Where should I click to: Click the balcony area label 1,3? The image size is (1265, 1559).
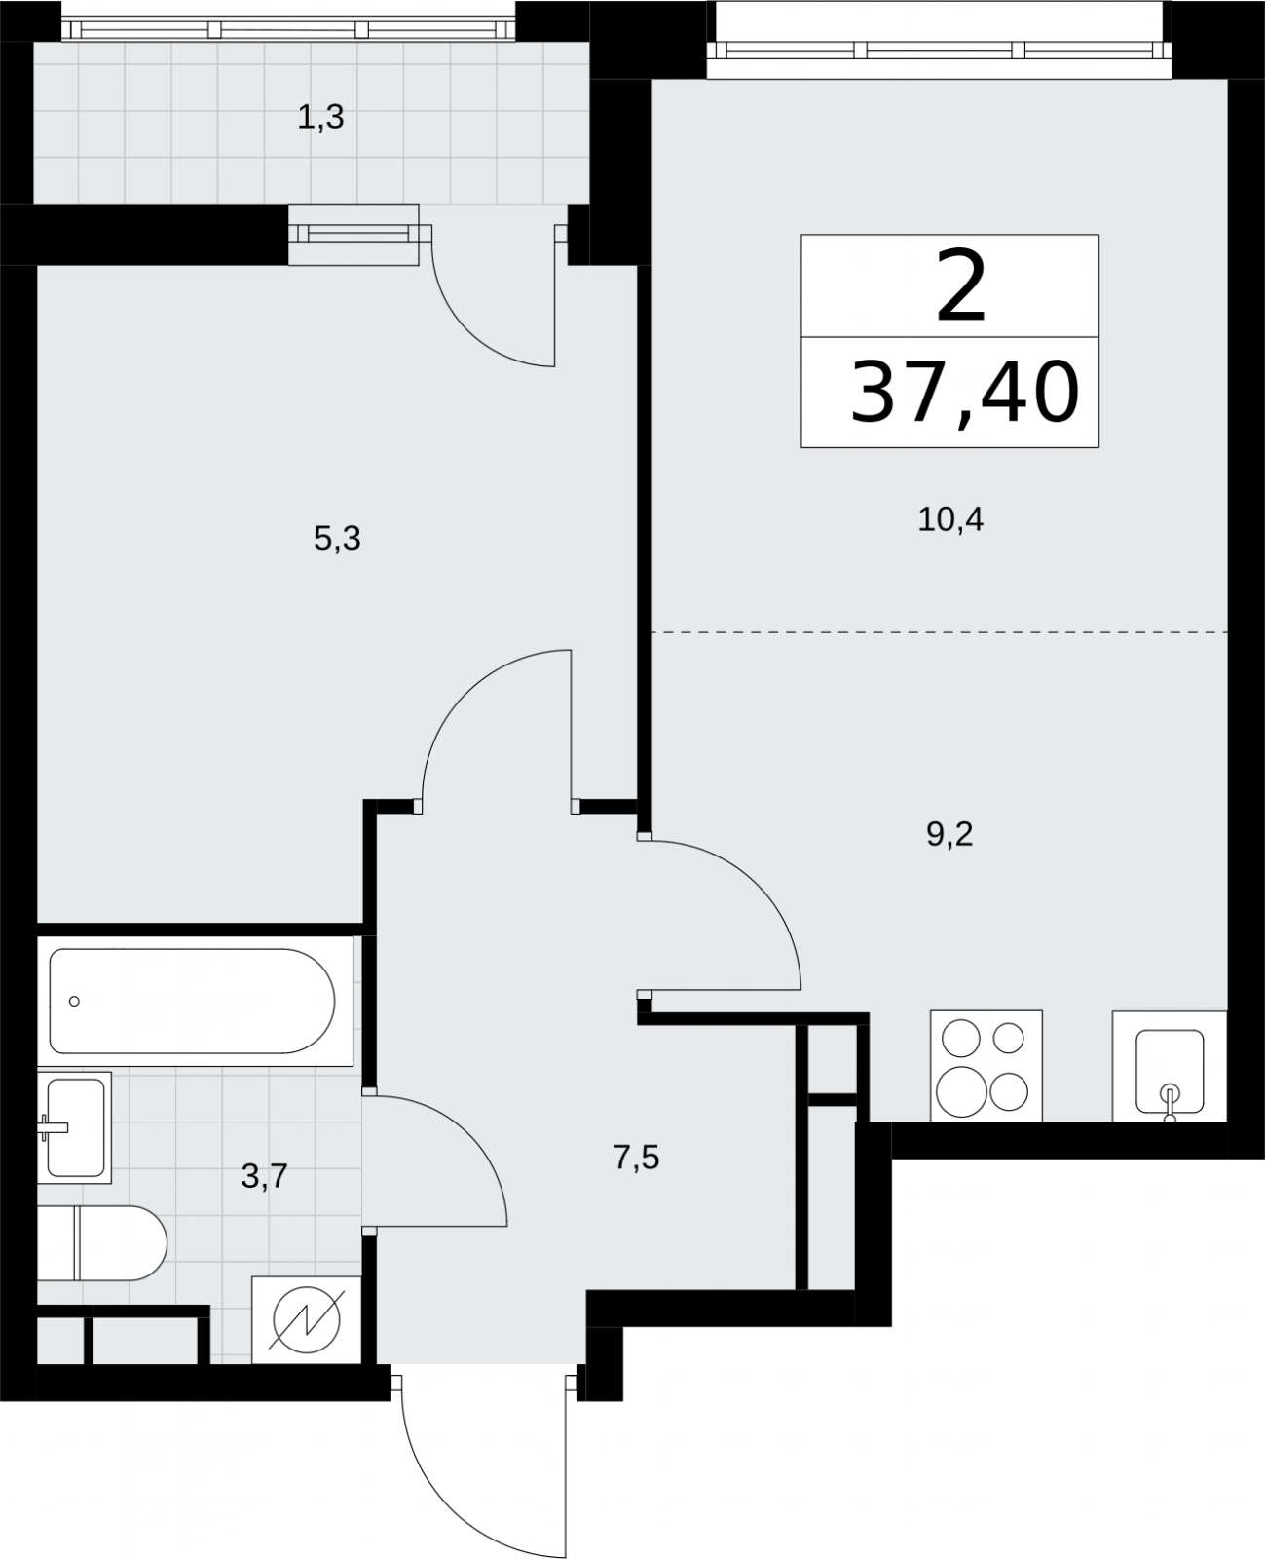click(320, 118)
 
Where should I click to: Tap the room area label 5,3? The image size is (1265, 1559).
click(337, 540)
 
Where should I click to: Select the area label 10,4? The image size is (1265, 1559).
click(950, 520)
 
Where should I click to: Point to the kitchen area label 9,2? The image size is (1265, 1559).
click(949, 835)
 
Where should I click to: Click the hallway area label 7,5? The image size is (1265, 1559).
click(637, 1158)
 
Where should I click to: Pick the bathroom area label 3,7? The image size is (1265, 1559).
click(264, 1177)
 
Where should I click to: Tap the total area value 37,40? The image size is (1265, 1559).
click(965, 393)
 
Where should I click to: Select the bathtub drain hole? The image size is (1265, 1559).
click(74, 1002)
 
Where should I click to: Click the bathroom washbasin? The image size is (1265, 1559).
click(74, 1127)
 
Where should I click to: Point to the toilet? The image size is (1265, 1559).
click(102, 1243)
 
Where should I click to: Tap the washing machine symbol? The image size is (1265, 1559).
click(307, 1319)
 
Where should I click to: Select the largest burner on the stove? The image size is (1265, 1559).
click(961, 1091)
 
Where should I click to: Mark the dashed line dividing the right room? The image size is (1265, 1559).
click(940, 631)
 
